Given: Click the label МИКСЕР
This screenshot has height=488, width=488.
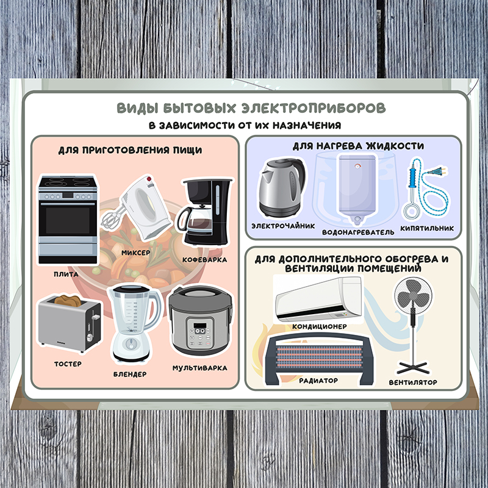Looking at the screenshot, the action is [135, 253].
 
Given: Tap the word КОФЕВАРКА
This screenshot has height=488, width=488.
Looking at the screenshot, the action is [204, 260].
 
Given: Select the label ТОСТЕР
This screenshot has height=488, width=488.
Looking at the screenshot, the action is [68, 364].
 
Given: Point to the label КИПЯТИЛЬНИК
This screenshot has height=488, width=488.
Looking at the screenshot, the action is [427, 228].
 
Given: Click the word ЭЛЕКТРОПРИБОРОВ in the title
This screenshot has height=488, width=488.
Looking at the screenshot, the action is [314, 108].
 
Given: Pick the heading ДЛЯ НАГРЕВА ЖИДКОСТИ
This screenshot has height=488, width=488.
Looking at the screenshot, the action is [358, 146].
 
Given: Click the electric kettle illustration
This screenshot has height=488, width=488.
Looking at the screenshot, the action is [282, 187].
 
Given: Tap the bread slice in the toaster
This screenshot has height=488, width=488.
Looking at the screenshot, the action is [68, 300].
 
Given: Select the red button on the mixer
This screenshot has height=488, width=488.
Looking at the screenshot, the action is [149, 179].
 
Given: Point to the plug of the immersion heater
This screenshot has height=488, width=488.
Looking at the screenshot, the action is [438, 171].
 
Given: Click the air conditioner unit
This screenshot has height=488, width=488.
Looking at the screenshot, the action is [318, 300].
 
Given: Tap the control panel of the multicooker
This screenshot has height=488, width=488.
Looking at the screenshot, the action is [200, 333].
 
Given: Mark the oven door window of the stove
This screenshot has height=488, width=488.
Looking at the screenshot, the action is [68, 220].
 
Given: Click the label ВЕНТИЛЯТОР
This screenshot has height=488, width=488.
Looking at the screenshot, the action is [413, 382].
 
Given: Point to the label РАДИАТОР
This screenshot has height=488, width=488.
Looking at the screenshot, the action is [318, 380].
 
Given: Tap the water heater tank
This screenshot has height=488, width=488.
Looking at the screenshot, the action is [357, 188].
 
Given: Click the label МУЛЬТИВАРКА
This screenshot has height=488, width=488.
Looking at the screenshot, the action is [200, 368].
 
